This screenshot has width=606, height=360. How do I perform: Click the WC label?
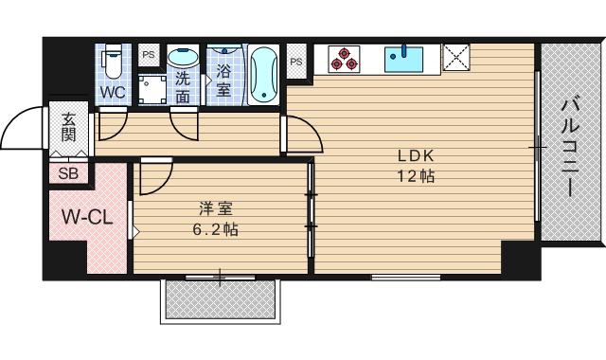[114, 93]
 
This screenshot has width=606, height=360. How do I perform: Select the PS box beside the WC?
[149, 55]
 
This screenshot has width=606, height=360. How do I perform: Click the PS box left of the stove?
[296, 62]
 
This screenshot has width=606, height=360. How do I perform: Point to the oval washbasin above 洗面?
[183, 57]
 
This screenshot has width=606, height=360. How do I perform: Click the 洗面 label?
[183, 88]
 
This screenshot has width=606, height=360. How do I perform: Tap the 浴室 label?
[223, 81]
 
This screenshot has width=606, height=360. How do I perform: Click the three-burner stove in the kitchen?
[344, 59]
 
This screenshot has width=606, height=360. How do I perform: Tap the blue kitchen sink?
[403, 59]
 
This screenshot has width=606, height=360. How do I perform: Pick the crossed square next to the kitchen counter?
[456, 57]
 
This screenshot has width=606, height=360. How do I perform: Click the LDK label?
[417, 155]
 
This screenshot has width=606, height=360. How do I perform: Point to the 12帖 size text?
[417, 176]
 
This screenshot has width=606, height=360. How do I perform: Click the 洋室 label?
[216, 209]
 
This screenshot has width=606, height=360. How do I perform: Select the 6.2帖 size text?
[216, 230]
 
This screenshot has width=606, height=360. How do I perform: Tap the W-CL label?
[87, 217]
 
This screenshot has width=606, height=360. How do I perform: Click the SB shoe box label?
[68, 173]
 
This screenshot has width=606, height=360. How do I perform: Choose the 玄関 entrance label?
[68, 127]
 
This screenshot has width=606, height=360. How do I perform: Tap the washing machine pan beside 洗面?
[152, 90]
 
